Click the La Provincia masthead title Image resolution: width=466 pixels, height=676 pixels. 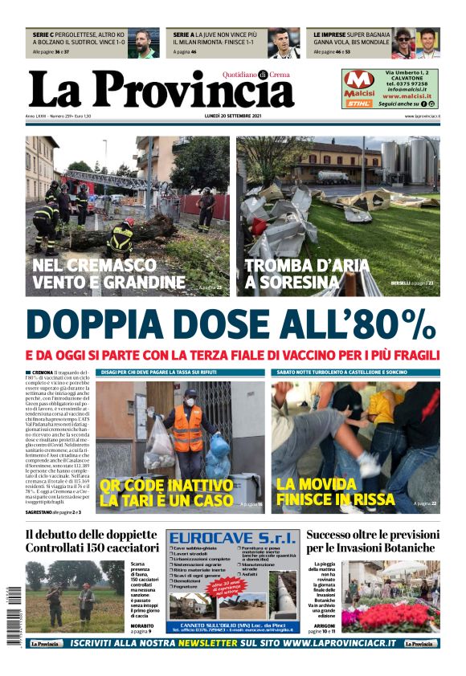click(x=161, y=88)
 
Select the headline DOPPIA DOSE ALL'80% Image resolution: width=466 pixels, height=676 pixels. click(x=231, y=324)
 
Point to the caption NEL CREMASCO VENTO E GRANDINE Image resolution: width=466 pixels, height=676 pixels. click(x=108, y=273)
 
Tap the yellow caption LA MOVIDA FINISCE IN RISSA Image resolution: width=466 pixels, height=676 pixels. click(x=329, y=492)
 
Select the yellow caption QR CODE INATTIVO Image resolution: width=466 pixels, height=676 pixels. click(x=166, y=485)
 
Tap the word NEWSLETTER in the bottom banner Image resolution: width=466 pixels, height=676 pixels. click(x=200, y=643)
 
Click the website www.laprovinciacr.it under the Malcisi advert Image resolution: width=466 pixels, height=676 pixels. click(x=421, y=116)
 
